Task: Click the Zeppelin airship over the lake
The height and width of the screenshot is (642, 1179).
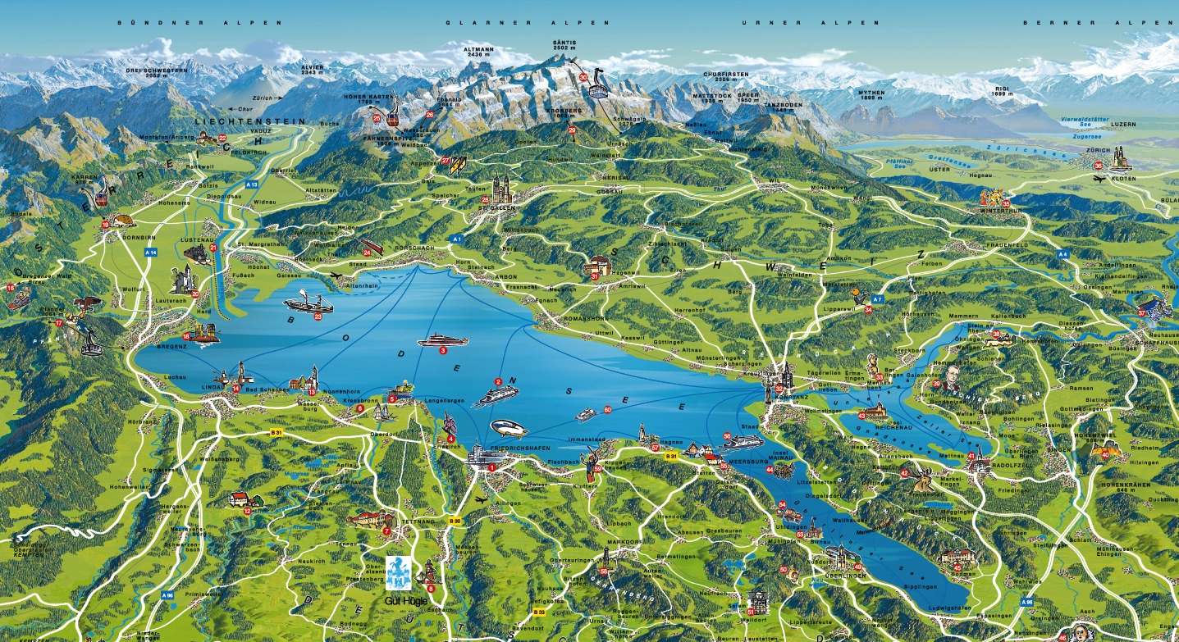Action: [x=509, y=428]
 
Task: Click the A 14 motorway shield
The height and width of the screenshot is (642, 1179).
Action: [x=150, y=253]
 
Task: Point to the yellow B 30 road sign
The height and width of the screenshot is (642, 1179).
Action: [x=454, y=520]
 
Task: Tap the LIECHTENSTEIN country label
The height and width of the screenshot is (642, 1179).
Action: [x=250, y=121]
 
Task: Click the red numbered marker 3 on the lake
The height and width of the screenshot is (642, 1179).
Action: [x=443, y=350]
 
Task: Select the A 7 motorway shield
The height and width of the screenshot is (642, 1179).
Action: [x=877, y=299]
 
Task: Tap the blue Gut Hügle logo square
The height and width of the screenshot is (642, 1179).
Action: [x=399, y=571]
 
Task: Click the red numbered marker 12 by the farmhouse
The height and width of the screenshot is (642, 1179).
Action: [x=248, y=510]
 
